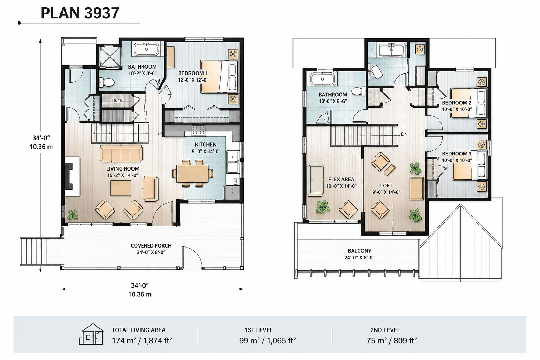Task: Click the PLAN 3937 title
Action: [80, 13]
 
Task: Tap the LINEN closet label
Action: [117, 101]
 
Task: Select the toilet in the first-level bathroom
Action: [107, 83]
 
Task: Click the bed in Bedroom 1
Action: [219, 76]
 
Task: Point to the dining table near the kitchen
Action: [193, 173]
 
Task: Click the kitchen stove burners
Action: [198, 130]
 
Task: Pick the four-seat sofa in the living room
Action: [121, 153]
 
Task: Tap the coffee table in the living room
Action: [121, 188]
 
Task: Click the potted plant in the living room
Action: [72, 214]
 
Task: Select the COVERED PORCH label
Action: [151, 245]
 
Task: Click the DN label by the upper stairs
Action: [404, 134]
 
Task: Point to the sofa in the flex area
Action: [315, 180]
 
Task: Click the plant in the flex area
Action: [323, 207]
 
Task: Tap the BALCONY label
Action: [359, 251]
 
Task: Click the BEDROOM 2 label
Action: [457, 103]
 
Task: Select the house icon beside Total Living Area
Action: [91, 334]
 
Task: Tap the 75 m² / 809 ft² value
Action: [392, 340]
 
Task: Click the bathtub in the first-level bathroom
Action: [147, 49]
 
